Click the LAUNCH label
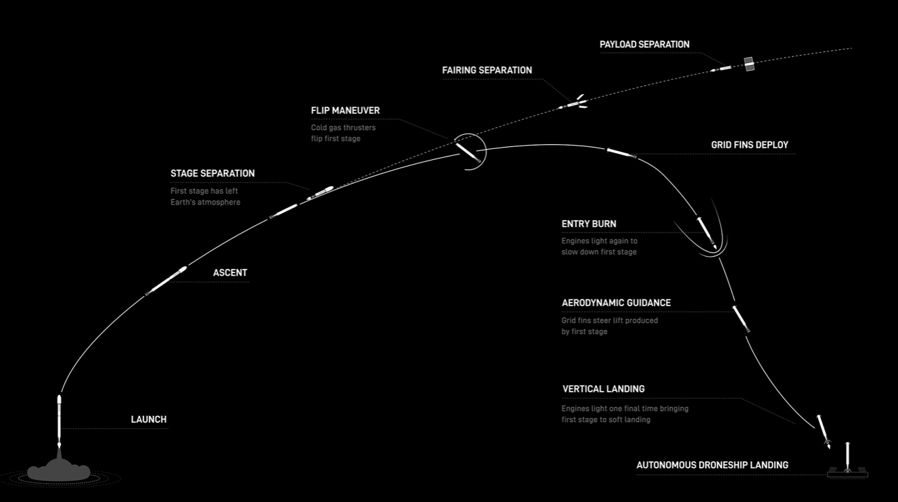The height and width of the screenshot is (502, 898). (149, 419)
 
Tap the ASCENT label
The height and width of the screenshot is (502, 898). (230, 273)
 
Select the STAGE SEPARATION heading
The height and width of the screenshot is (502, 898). (212, 173)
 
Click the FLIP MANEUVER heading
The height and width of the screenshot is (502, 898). (345, 110)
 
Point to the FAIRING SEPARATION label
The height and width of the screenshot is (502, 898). (487, 70)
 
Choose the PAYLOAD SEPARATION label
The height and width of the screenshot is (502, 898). (645, 45)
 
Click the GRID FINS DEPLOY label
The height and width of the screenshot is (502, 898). (750, 145)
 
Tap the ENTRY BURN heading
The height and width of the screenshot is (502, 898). (589, 224)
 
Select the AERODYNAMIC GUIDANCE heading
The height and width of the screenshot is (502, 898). (616, 303)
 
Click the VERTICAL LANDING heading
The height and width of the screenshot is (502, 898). (604, 389)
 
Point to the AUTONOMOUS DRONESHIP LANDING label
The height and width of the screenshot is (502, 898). (713, 465)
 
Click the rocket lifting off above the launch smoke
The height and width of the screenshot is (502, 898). (60, 421)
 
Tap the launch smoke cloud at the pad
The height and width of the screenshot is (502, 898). (58, 469)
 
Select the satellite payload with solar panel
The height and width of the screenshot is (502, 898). (749, 64)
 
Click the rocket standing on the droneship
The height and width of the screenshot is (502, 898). (847, 457)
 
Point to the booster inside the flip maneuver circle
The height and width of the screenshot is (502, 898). (468, 152)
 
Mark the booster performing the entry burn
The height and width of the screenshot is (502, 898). (706, 233)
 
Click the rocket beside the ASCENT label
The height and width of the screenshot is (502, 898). (166, 280)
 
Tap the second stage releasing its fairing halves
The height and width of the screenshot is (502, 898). (573, 104)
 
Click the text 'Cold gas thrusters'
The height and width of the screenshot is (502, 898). (343, 127)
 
